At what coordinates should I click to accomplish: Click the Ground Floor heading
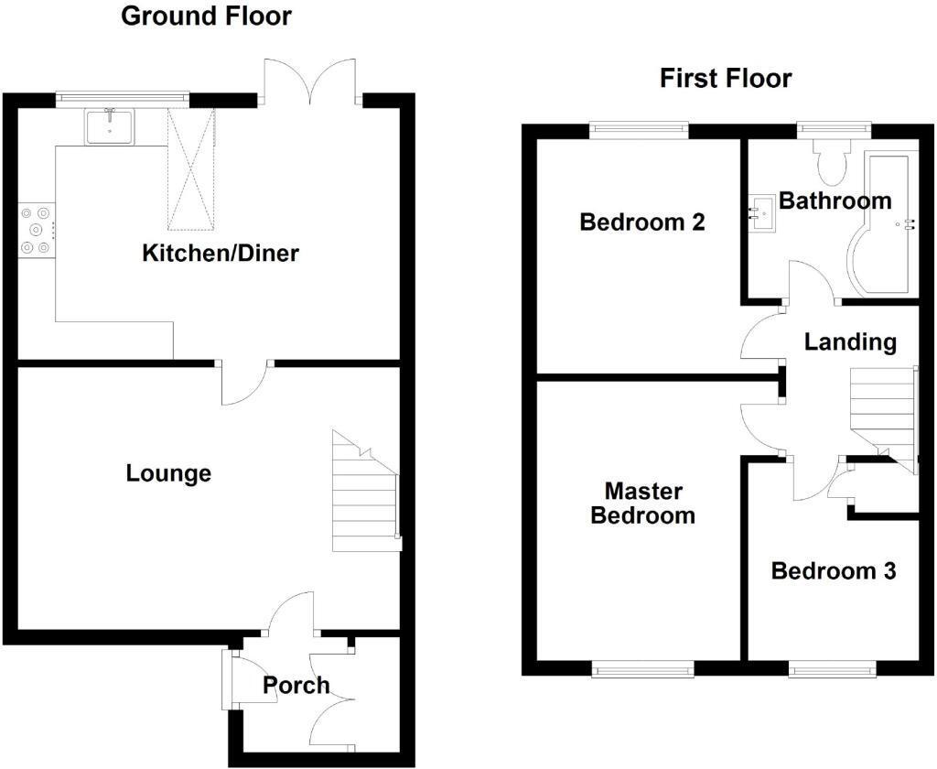click(206, 16)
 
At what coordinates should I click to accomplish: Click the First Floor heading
click(726, 79)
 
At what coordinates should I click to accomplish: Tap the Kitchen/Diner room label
click(221, 253)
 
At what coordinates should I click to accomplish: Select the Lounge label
click(168, 473)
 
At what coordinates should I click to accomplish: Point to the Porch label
click(296, 685)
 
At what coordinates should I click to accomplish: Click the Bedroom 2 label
click(642, 222)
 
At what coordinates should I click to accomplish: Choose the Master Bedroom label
click(643, 504)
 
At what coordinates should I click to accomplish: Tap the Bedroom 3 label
click(834, 571)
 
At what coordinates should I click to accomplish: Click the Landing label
click(850, 342)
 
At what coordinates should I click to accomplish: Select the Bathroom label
click(835, 200)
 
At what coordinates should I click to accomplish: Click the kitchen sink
click(111, 126)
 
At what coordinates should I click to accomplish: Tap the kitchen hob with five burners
click(37, 230)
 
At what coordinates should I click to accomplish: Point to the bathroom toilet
click(831, 163)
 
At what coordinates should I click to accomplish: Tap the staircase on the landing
click(884, 418)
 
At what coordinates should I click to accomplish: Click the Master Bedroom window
click(643, 668)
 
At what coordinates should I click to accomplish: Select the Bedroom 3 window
click(833, 668)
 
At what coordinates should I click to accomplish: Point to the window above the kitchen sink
click(124, 100)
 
